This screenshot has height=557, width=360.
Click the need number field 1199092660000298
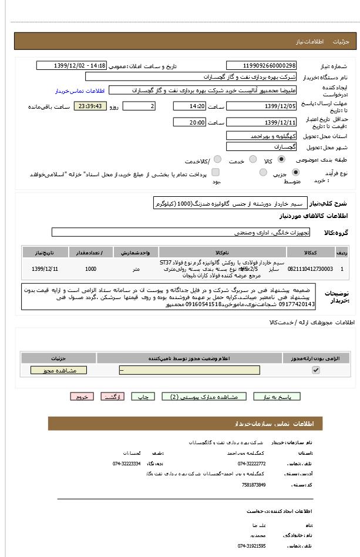(x=261, y=66)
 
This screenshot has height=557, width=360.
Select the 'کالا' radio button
(x=281, y=160)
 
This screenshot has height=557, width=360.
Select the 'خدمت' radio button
(x=253, y=160)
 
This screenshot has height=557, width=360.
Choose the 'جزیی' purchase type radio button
(x=295, y=173)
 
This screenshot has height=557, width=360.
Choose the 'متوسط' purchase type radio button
(x=263, y=173)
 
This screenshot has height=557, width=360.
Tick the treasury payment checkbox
(x=216, y=173)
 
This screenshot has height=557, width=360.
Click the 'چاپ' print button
(x=143, y=397)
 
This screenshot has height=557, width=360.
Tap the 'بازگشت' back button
(x=113, y=397)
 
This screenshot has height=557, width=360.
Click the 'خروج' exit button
(x=82, y=397)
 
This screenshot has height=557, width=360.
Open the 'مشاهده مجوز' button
(x=58, y=370)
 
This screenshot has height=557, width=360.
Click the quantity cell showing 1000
(x=90, y=269)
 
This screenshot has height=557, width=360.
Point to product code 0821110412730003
(x=310, y=269)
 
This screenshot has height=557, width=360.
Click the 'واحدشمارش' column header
(x=136, y=253)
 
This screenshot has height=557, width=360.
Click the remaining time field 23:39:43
(x=89, y=106)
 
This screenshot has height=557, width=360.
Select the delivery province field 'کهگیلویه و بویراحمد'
(x=261, y=136)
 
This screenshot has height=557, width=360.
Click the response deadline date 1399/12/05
(x=261, y=106)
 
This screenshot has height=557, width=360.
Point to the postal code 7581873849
(x=254, y=485)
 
